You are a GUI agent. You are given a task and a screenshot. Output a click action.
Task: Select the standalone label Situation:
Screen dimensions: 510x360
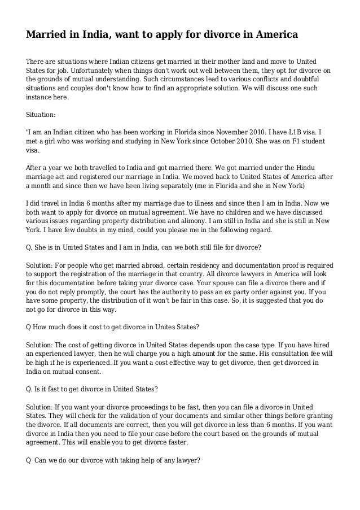(x=41, y=114)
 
